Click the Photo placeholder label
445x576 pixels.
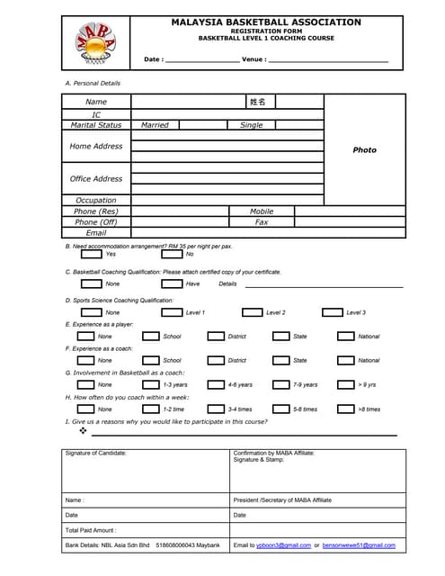pyautogui.click(x=364, y=150)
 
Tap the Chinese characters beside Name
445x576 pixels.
pyautogui.click(x=257, y=102)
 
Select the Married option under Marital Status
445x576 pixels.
pyautogui.click(x=155, y=125)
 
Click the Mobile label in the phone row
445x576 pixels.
pyautogui.click(x=262, y=211)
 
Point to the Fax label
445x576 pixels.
pyautogui.click(x=262, y=222)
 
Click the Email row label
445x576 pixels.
pyautogui.click(x=95, y=233)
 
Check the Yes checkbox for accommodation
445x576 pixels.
pyautogui.click(x=91, y=254)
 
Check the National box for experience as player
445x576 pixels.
pyautogui.click(x=345, y=337)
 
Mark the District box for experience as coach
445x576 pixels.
pyautogui.click(x=216, y=361)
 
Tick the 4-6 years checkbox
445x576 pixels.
pyautogui.click(x=216, y=385)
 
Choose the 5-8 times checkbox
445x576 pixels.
pyautogui.click(x=281, y=409)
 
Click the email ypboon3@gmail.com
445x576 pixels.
pyautogui.click(x=283, y=545)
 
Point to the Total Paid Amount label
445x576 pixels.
pyautogui.click(x=91, y=530)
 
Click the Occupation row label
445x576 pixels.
pyautogui.click(x=95, y=201)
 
